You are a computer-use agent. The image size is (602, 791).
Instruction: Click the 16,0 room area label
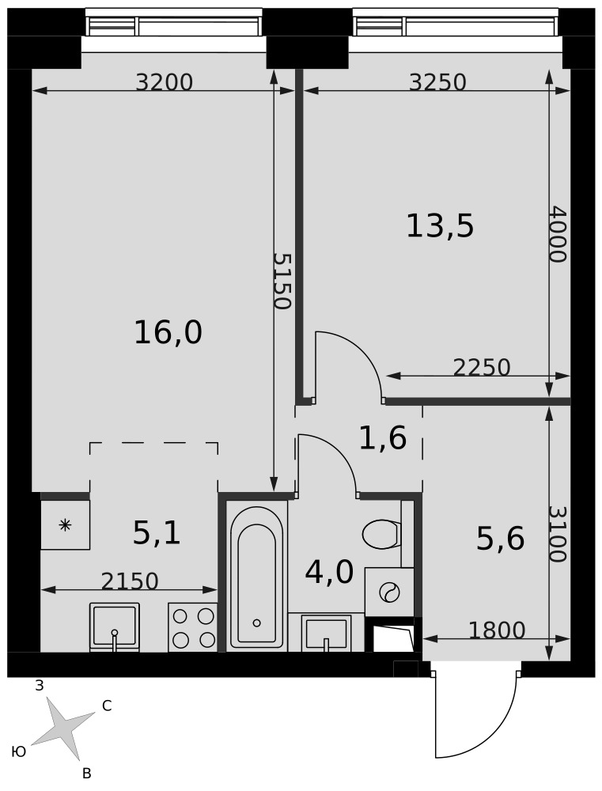[x=168, y=333]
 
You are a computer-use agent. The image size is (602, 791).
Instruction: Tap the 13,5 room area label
[x=440, y=226]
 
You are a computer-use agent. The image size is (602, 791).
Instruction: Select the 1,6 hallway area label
[x=383, y=437]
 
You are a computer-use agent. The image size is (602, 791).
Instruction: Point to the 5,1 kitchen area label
[x=157, y=533]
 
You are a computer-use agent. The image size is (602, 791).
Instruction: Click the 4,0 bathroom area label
[x=330, y=572]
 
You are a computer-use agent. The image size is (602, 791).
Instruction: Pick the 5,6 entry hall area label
[x=501, y=539]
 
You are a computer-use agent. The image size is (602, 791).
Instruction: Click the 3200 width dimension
[x=165, y=82]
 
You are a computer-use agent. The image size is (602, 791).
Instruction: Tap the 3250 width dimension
[x=437, y=82]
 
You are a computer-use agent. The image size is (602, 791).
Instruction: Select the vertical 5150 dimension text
[x=282, y=281]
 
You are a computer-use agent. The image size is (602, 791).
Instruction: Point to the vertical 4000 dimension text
[x=559, y=233]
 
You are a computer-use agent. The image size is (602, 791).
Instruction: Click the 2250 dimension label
[x=482, y=368]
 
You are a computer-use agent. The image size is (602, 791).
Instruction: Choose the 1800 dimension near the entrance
[x=497, y=630]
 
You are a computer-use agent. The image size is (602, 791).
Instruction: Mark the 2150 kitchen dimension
[x=130, y=581]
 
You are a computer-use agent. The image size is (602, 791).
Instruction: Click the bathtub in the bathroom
[x=257, y=577]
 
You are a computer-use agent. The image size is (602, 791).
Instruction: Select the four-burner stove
[x=193, y=627]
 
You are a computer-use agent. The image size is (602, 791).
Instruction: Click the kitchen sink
[x=115, y=626]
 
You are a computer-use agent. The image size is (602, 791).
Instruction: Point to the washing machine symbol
[x=389, y=592]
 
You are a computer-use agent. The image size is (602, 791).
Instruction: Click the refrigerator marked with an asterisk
[x=66, y=524]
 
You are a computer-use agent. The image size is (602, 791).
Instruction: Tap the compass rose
[x=63, y=729]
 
